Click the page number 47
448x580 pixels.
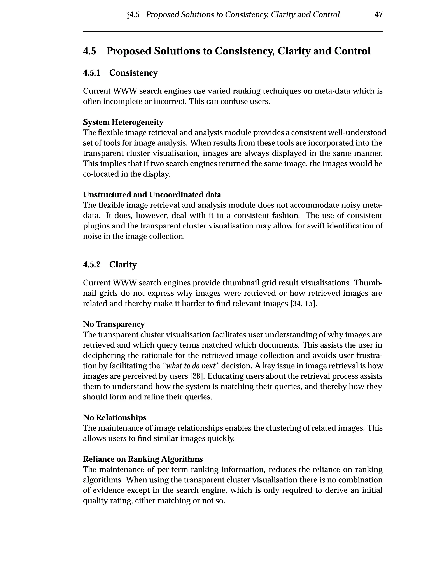pos(378,15)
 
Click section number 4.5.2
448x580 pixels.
pos(92,265)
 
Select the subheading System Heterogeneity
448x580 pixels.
pos(123,122)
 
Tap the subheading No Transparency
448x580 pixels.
pos(114,324)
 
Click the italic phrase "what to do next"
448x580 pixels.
pos(191,366)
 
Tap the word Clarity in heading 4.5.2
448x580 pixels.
pos(123,265)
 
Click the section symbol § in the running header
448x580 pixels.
pos(128,15)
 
